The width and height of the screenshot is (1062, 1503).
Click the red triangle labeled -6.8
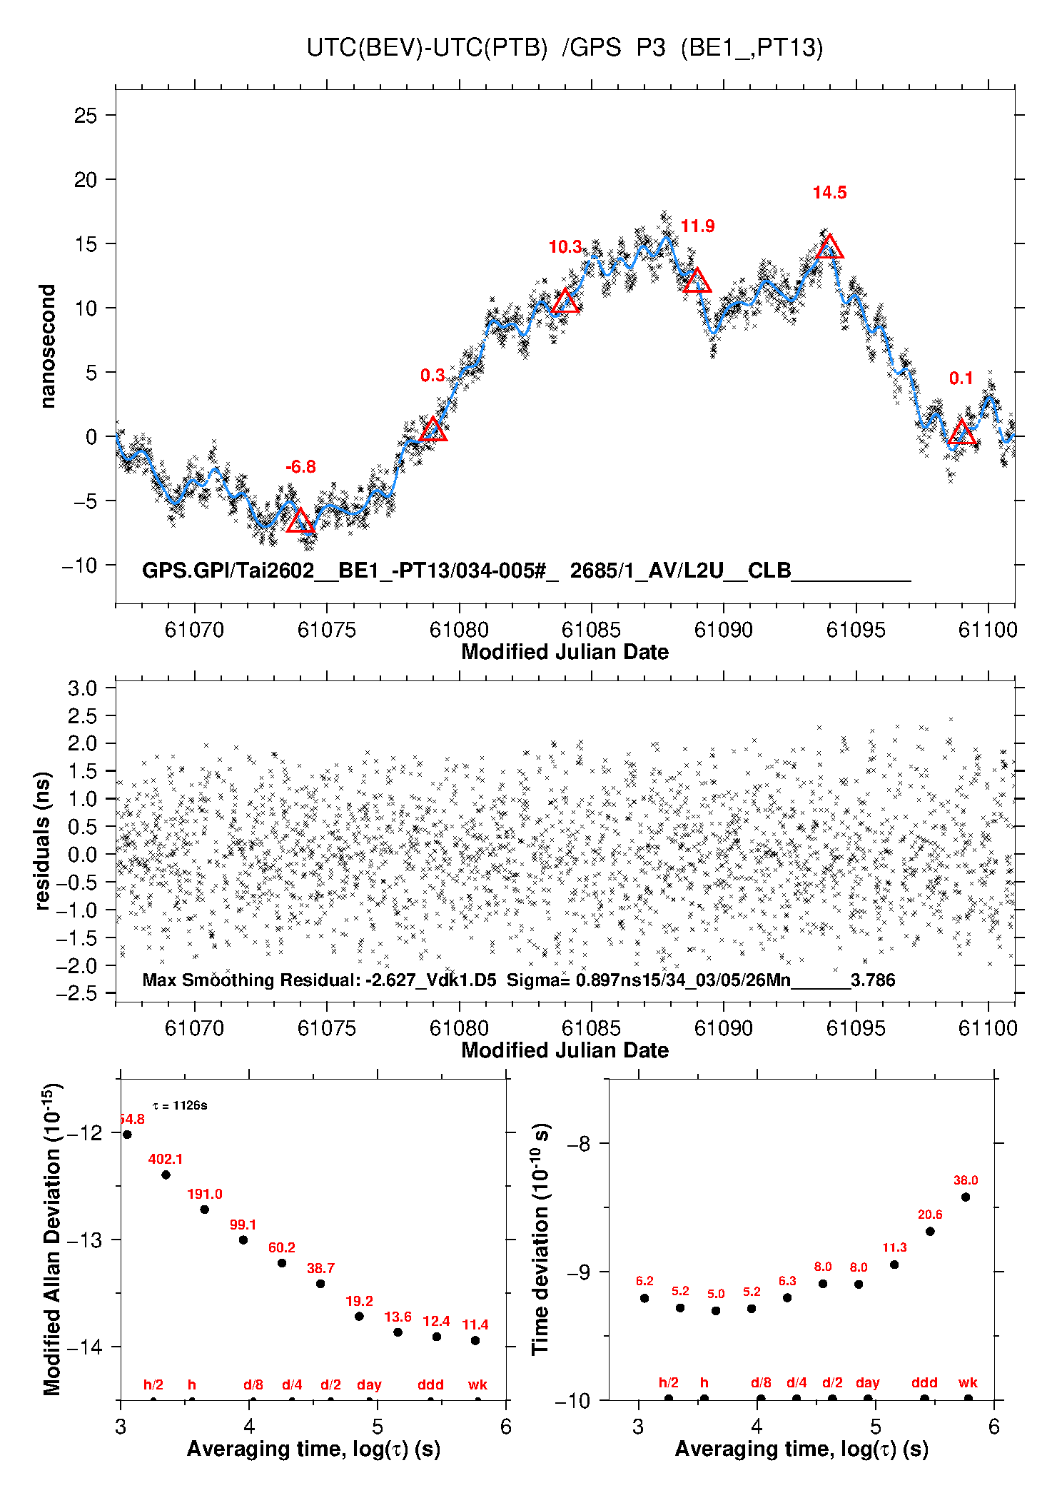pyautogui.click(x=300, y=521)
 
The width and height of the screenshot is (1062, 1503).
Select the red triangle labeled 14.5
pyautogui.click(x=829, y=248)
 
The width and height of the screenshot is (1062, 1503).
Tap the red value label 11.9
pyautogui.click(x=697, y=226)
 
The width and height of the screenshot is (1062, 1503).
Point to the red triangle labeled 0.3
pyautogui.click(x=433, y=430)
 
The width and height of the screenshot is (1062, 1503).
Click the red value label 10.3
pyautogui.click(x=565, y=247)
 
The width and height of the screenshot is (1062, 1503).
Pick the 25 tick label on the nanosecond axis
pyautogui.click(x=86, y=116)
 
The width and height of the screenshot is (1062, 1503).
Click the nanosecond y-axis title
pyautogui.click(x=47, y=346)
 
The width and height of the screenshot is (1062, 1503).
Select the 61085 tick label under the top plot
pyautogui.click(x=591, y=630)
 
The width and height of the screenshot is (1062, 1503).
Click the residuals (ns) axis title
pyautogui.click(x=43, y=840)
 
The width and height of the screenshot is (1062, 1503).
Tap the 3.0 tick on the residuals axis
pyautogui.click(x=82, y=689)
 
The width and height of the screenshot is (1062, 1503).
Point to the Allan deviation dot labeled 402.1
pyautogui.click(x=166, y=1175)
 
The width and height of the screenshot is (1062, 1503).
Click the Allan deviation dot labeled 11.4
pyautogui.click(x=475, y=1340)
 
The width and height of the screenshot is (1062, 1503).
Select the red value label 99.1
pyautogui.click(x=243, y=1225)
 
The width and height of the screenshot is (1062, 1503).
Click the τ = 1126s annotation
pyautogui.click(x=180, y=1105)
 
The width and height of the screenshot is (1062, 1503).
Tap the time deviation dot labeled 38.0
pyautogui.click(x=966, y=1197)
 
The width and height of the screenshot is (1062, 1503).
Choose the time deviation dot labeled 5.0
pyautogui.click(x=716, y=1310)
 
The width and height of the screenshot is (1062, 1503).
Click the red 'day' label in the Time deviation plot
pyautogui.click(x=868, y=1382)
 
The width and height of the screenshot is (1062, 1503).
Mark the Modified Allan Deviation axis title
pyautogui.click(x=51, y=1239)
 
